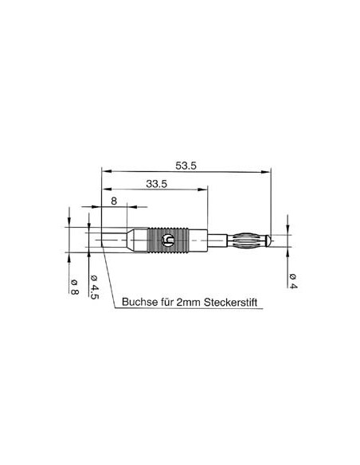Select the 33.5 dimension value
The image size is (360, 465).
click(x=156, y=184)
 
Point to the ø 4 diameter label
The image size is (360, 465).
click(x=294, y=279)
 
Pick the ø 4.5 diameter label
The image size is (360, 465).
click(x=94, y=286)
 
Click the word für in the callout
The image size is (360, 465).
click(x=167, y=303)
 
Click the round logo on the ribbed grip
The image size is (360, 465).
click(x=167, y=239)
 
